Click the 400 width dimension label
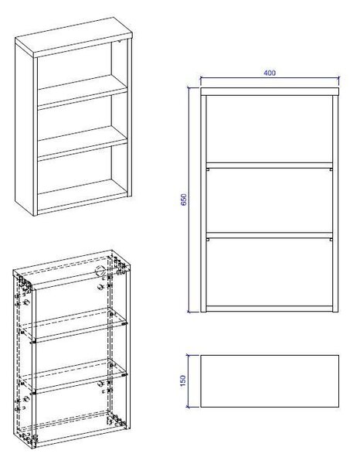[270, 73]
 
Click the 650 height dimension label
[184, 200]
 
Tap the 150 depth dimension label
[183, 380]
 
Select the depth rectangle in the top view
[270, 381]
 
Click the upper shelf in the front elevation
[270, 165]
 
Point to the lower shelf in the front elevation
[270, 235]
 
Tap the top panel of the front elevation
[270, 91]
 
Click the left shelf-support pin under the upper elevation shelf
[208, 169]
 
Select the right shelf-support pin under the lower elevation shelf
[331, 240]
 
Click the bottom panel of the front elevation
[270, 309]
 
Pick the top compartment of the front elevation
[270, 129]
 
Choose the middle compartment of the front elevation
[270, 200]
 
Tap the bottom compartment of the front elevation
[270, 272]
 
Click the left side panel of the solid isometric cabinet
[25, 130]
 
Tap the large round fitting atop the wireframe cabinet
[100, 270]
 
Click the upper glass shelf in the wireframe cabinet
[74, 325]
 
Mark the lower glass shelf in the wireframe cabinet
[74, 376]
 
